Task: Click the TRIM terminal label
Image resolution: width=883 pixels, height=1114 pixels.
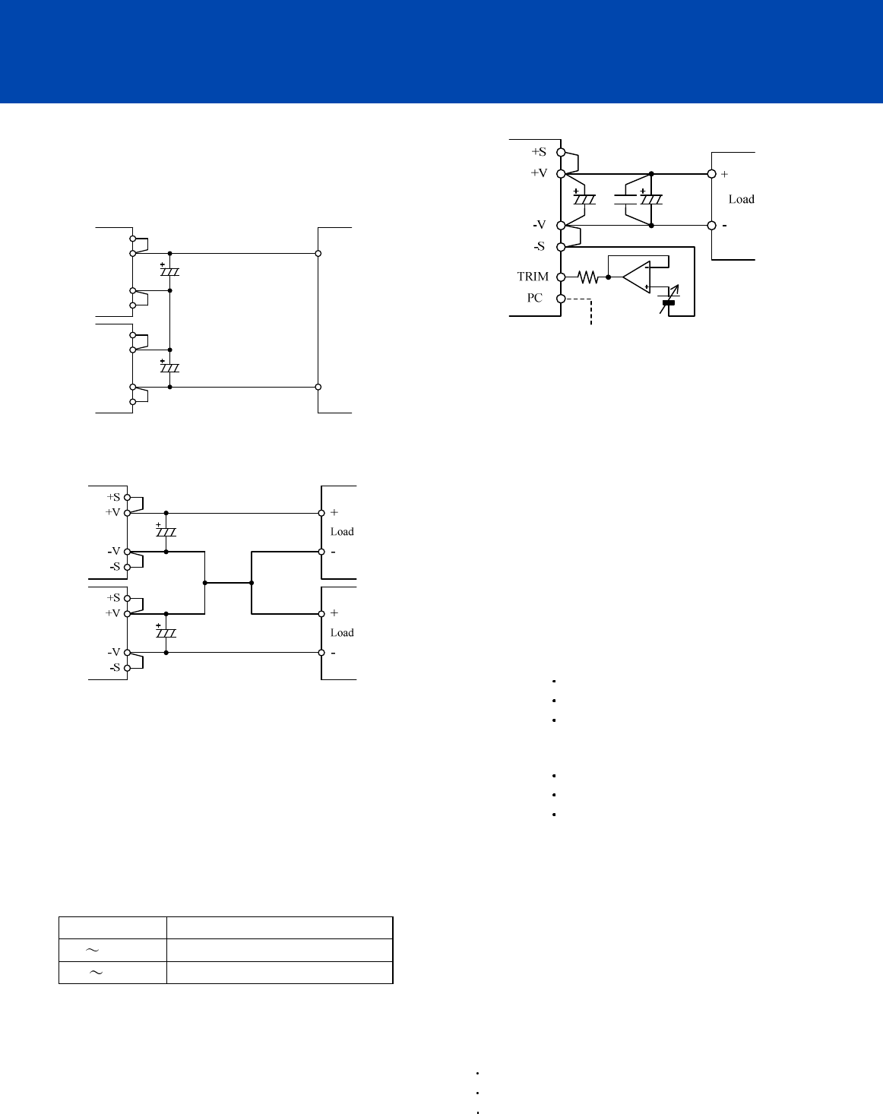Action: pos(533,277)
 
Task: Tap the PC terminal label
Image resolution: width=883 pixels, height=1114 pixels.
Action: pos(535,298)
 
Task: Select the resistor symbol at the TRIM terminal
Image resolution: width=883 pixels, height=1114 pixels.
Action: pos(587,277)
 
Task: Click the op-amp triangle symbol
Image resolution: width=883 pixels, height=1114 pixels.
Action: pos(636,277)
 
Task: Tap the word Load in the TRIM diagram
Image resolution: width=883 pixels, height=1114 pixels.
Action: pos(741,199)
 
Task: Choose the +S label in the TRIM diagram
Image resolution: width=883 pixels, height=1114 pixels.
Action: pos(539,152)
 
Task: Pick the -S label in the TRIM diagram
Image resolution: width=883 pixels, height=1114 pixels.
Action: pos(539,247)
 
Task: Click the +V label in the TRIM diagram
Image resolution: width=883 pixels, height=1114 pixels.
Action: pos(539,173)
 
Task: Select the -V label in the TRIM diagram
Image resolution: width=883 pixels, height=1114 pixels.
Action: pos(539,225)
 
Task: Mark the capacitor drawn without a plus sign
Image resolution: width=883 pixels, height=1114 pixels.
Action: pos(625,199)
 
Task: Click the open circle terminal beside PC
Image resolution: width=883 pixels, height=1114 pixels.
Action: pos(561,299)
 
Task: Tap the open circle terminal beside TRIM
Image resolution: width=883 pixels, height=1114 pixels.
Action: pos(561,277)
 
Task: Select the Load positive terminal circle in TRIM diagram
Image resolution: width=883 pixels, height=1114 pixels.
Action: pos(712,174)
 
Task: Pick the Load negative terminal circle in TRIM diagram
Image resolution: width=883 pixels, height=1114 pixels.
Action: pos(712,226)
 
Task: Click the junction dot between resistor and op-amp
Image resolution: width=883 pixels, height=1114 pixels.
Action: pos(609,277)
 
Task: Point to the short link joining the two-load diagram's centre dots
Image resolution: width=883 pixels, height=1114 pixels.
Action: pos(228,583)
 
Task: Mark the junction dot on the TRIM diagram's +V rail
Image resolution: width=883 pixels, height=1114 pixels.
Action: pos(651,174)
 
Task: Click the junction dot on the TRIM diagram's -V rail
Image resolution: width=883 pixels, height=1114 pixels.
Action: pos(651,226)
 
